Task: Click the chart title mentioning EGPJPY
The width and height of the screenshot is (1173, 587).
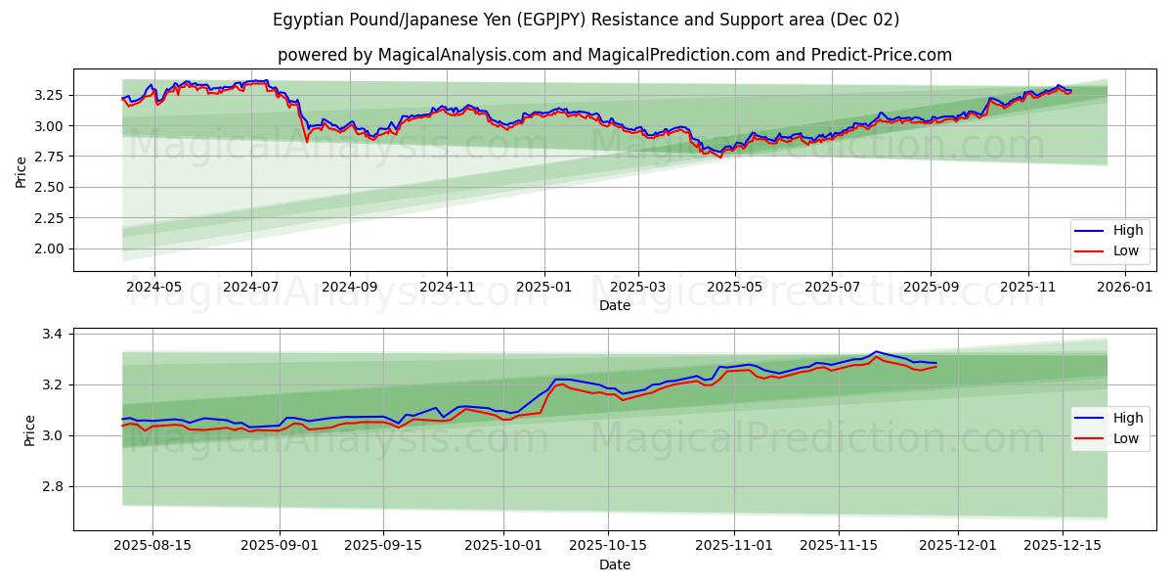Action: [x=586, y=20]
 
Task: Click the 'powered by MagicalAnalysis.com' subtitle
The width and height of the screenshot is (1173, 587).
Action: [x=614, y=55]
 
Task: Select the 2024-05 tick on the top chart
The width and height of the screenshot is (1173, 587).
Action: [x=154, y=288]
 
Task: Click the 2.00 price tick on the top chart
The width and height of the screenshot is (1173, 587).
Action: [x=49, y=248]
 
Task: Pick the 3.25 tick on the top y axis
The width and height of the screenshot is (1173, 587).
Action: [x=49, y=95]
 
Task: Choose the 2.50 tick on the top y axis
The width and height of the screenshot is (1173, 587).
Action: [x=49, y=187]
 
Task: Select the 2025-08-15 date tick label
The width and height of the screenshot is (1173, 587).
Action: [x=152, y=546]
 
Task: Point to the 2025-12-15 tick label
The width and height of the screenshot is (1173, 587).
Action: [x=1064, y=546]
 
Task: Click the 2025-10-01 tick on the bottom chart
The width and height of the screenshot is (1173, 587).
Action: [x=503, y=546]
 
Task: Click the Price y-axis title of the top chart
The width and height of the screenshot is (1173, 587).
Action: [x=22, y=172]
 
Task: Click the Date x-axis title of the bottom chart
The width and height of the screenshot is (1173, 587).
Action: [x=614, y=564]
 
